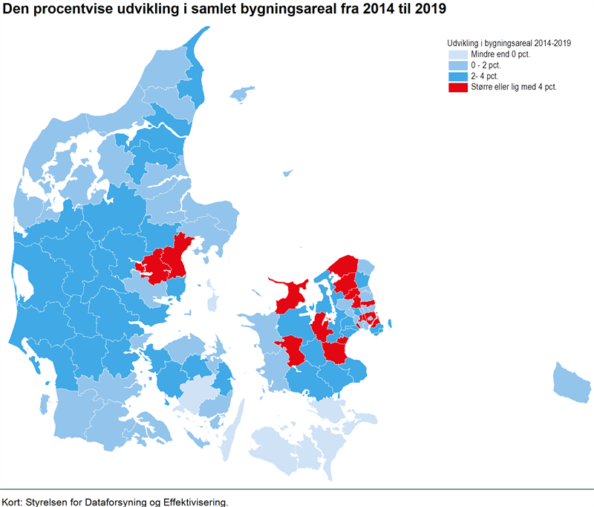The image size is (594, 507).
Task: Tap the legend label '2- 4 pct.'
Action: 484,76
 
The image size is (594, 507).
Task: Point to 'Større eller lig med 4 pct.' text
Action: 513,87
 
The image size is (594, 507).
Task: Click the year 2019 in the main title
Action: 430,10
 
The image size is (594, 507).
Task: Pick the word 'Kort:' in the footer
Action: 13,502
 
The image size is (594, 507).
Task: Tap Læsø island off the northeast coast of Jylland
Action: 241,94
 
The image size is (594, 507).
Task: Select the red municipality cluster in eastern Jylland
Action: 167,260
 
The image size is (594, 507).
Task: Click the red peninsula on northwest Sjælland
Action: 291,296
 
